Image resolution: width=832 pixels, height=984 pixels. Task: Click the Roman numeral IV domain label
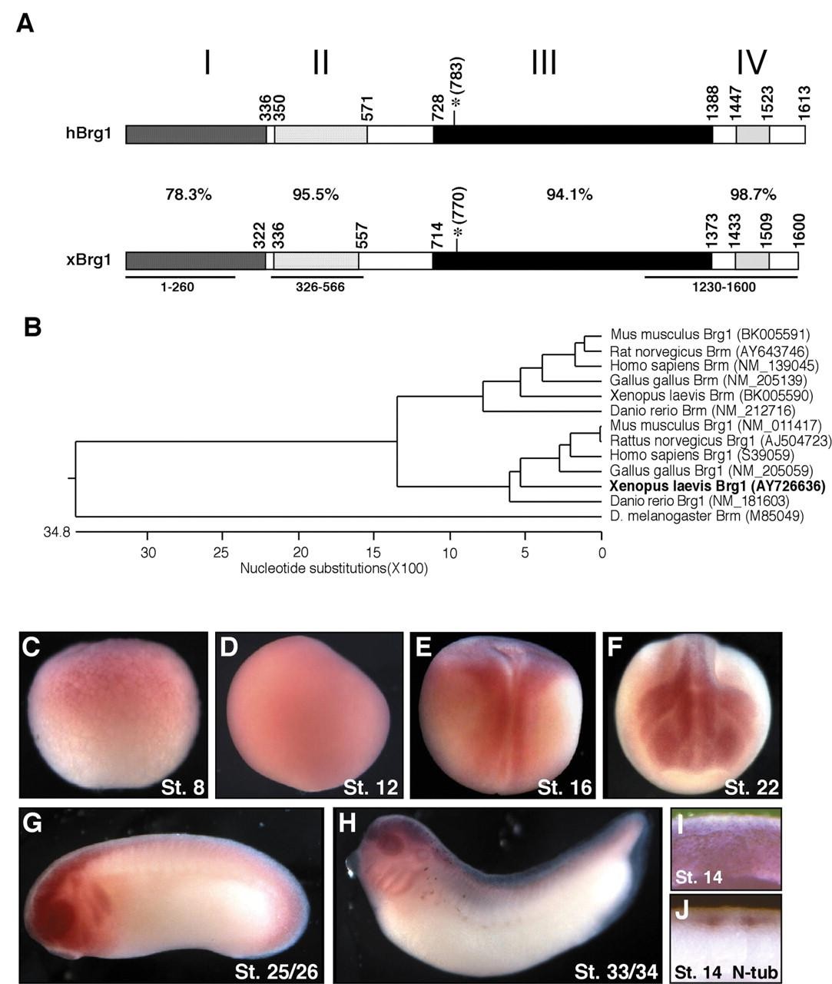pyautogui.click(x=750, y=63)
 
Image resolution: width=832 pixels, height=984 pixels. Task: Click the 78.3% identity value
pyautogui.click(x=188, y=194)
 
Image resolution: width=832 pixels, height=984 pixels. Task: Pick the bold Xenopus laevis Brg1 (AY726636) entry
pyautogui.click(x=717, y=486)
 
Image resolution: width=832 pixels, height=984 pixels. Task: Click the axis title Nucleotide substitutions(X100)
pyautogui.click(x=334, y=569)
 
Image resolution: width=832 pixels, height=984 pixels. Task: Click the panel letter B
pyautogui.click(x=33, y=327)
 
